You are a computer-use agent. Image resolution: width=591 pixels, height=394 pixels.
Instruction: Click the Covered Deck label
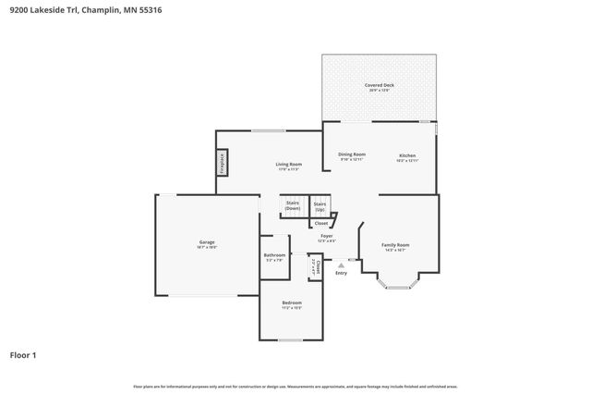(379, 85)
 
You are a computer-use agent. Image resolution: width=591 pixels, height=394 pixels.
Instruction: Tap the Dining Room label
(351, 154)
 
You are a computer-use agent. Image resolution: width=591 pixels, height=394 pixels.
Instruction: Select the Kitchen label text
(407, 155)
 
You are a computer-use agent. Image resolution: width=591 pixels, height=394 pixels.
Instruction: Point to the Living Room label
(289, 164)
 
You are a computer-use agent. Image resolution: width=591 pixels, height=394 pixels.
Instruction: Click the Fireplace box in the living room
(223, 163)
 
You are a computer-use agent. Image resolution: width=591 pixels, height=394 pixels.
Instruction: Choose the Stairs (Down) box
(293, 205)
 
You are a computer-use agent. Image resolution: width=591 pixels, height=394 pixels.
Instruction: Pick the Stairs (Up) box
(320, 205)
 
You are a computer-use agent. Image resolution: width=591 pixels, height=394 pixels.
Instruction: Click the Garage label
(206, 242)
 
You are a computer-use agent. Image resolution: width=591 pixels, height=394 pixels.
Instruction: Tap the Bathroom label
(274, 255)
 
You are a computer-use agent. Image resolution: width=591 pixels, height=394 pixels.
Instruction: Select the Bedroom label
(292, 302)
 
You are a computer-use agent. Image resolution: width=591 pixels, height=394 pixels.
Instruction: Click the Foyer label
(327, 237)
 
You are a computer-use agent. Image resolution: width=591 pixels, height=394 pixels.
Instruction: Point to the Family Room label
(395, 245)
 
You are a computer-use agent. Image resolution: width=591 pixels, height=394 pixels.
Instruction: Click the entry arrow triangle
(342, 264)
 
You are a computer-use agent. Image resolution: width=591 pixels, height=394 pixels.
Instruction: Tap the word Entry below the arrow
(342, 273)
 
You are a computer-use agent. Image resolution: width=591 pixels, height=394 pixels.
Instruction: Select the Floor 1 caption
(24, 354)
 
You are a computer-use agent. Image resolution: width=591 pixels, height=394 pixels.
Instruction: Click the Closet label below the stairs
(320, 223)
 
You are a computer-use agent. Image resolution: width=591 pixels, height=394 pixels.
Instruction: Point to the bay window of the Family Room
(397, 287)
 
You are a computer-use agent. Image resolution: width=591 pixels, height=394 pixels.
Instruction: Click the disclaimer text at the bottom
(295, 386)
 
